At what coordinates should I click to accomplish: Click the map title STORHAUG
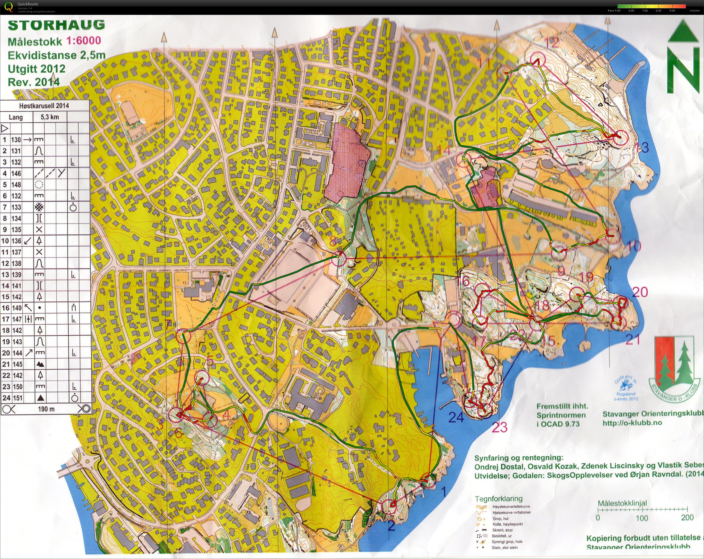[56, 25]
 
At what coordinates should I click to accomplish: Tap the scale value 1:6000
[84, 41]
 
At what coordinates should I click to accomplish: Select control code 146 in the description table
[16, 173]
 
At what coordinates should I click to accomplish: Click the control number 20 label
[640, 292]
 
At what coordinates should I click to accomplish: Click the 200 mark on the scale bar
[687, 518]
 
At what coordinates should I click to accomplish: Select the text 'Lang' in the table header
[16, 117]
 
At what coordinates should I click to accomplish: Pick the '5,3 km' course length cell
[50, 117]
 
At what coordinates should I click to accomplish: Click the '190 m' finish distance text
[46, 409]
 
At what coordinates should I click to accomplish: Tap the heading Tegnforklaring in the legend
[498, 499]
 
